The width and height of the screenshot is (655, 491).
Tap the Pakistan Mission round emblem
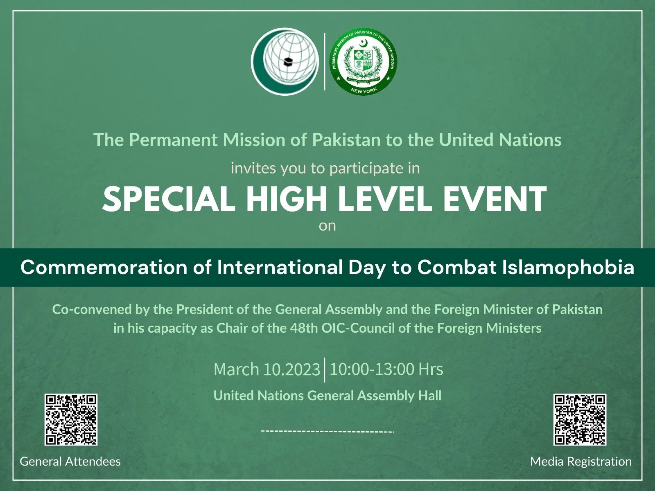pos(363,61)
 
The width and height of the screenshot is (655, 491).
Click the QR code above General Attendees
pos(71,419)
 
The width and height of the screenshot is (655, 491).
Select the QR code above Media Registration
pos(580,419)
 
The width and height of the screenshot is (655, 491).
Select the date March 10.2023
pos(267,369)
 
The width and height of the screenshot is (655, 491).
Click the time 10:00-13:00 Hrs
pos(386,369)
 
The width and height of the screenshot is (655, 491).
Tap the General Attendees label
pos(70,462)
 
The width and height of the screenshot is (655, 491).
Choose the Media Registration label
pos(580,462)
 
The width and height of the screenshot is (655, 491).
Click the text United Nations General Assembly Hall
pos(327,396)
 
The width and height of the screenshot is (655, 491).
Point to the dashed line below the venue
pos(327,431)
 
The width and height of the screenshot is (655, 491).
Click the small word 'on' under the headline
pos(327,226)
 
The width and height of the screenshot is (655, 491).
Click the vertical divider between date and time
pos(325,369)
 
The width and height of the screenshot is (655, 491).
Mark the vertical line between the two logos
pos(325,61)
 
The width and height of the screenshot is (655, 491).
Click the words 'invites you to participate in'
pos(325,168)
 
